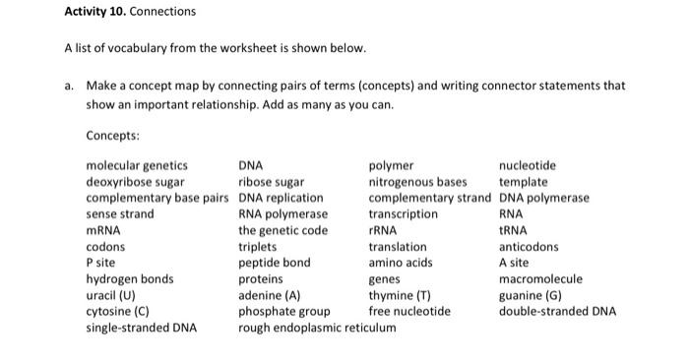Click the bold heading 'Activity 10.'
(95, 12)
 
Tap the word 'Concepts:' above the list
(112, 136)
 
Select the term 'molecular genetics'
(137, 166)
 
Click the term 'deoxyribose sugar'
(136, 182)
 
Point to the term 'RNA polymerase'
(283, 214)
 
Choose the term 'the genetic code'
(283, 231)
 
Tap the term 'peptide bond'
(275, 263)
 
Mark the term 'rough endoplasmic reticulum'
(317, 328)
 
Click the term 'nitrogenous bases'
(418, 182)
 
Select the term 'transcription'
(404, 214)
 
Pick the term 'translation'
(398, 247)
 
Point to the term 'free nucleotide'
(409, 312)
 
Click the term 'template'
(524, 182)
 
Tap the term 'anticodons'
(529, 247)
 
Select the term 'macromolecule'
(541, 279)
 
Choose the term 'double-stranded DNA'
(558, 312)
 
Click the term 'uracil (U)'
(110, 295)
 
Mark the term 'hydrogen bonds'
(130, 279)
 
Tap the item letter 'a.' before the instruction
(69, 86)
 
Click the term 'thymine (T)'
(400, 295)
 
